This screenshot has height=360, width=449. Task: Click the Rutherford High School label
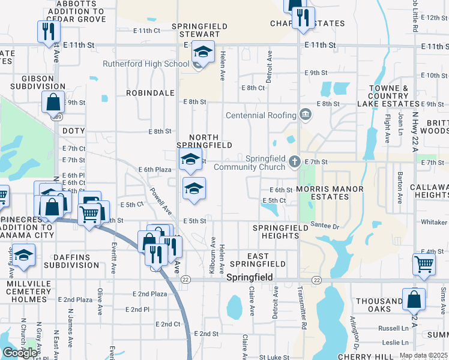(146, 64)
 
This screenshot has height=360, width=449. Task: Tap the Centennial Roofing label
(261, 115)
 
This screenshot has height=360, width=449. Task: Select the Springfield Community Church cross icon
(294, 161)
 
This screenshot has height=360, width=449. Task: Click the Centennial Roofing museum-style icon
(305, 115)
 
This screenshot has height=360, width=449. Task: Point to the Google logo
(20, 352)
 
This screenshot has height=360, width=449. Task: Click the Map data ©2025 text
(423, 355)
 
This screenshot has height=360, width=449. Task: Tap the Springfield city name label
(250, 278)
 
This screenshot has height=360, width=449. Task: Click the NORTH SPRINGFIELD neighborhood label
(204, 141)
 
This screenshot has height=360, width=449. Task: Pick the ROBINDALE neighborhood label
(150, 94)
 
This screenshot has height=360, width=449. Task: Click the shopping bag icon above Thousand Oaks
(414, 298)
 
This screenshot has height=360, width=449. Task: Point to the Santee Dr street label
(325, 226)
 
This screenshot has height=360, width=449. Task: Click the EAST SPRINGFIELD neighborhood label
(258, 260)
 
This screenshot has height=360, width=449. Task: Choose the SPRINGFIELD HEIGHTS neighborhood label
(276, 232)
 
